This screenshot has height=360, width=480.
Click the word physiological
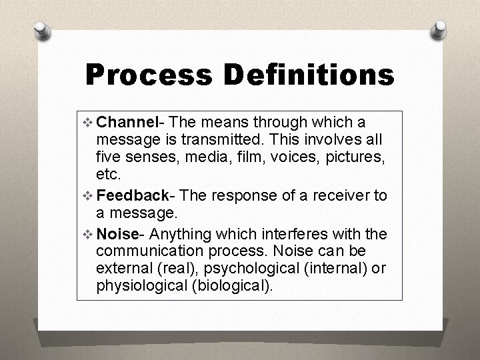138,286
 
